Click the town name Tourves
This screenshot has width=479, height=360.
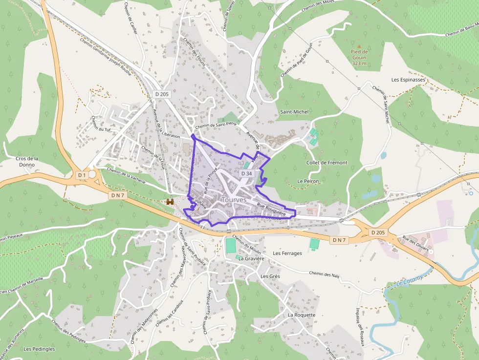coord(234,200)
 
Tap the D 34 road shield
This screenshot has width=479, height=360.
coord(247,173)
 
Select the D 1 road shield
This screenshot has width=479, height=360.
coord(82,175)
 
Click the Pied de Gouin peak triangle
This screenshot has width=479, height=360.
coord(359,45)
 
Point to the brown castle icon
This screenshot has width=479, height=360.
coord(170,201)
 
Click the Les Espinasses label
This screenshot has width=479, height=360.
coord(409,79)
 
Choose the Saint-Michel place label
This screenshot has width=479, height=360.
coord(294,112)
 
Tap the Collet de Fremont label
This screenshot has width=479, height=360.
coord(327,163)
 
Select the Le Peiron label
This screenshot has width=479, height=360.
coord(308,181)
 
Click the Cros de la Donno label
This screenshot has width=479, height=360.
coord(27,162)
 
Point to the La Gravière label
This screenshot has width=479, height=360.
coord(251,259)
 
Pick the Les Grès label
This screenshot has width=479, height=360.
coord(270,276)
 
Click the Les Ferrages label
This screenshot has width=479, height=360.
coord(287,254)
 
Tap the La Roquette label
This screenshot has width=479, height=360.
coord(302,315)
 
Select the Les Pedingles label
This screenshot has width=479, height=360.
coord(39,349)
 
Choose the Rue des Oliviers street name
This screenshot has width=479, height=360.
coord(415,245)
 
